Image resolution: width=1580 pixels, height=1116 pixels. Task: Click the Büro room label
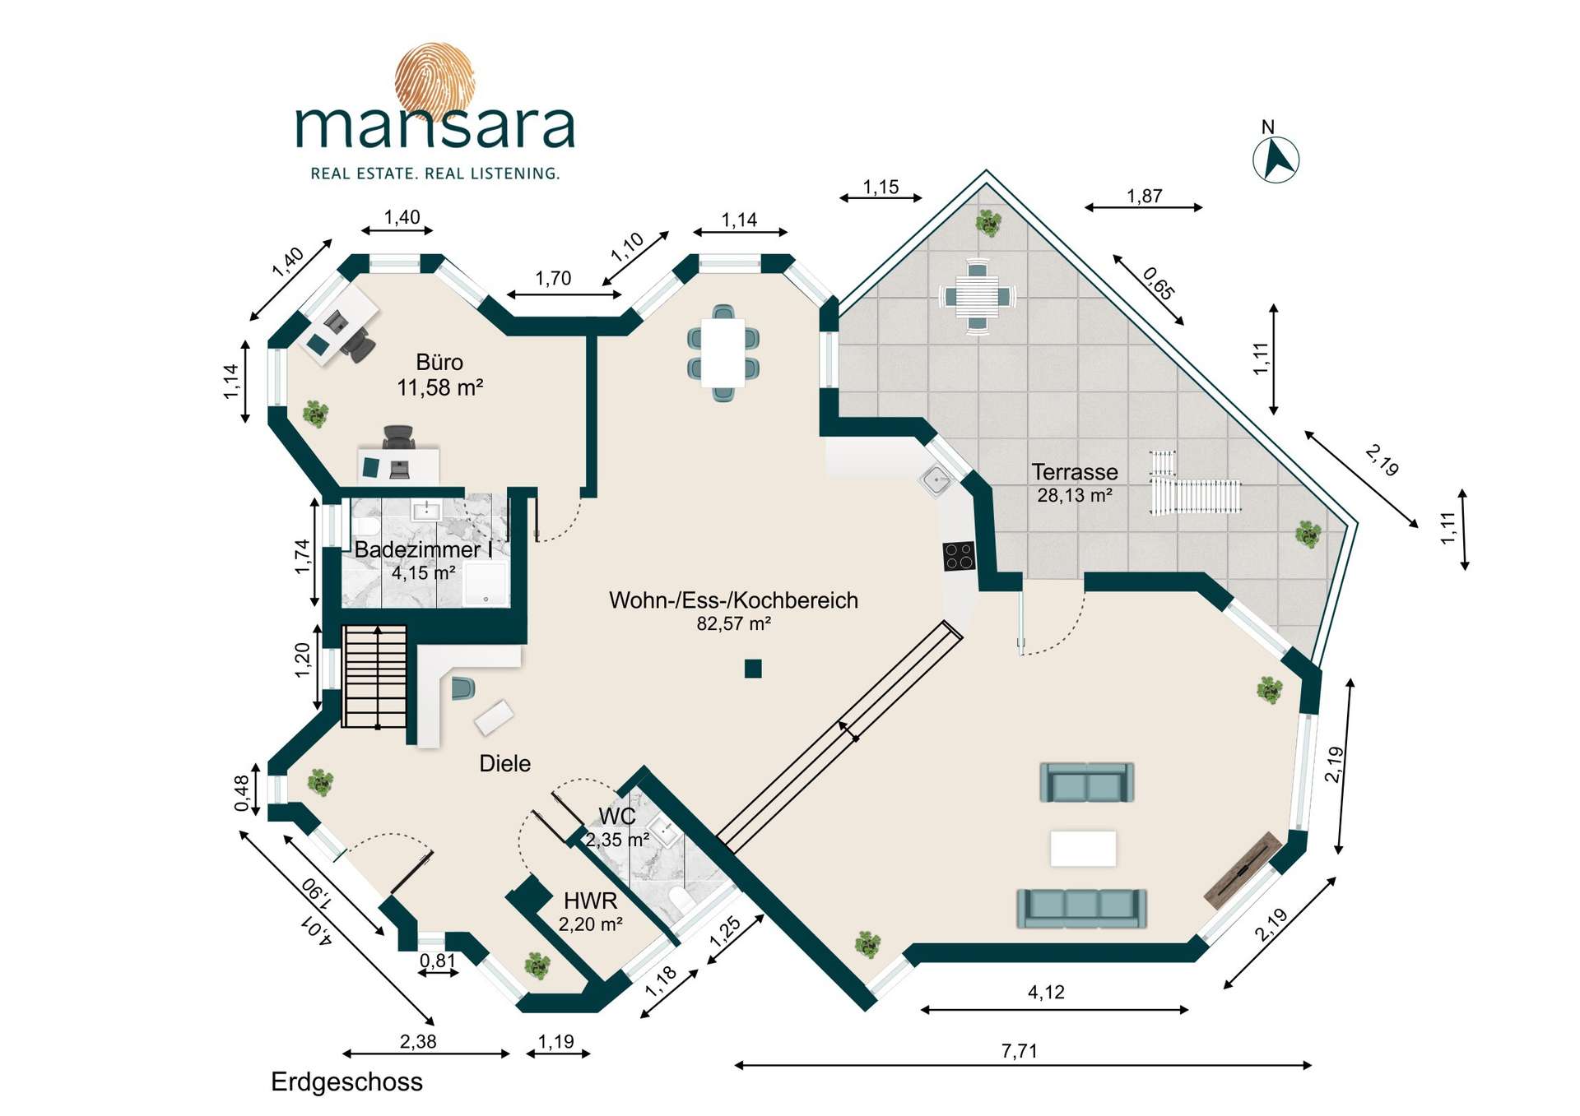(439, 375)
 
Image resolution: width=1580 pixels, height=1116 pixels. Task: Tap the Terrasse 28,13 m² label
(1075, 483)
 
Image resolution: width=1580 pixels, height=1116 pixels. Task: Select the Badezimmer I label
(423, 549)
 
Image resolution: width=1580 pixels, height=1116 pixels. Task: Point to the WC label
(617, 817)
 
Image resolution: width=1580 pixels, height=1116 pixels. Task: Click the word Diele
(504, 764)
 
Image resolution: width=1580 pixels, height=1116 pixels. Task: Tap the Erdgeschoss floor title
(346, 1082)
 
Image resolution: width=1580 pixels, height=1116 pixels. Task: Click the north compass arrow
(1276, 158)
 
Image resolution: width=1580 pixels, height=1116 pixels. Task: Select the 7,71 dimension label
(1020, 1051)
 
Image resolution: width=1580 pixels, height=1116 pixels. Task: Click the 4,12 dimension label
(1046, 993)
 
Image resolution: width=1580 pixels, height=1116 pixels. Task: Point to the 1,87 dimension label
(1144, 197)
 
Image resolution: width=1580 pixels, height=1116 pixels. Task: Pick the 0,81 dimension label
(437, 961)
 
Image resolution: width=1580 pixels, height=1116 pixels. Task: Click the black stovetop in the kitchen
(959, 557)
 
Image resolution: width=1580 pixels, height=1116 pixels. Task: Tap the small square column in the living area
(753, 669)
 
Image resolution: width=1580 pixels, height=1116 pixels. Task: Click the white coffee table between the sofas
(1083, 848)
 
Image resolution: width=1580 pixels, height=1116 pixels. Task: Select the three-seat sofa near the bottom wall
(1081, 908)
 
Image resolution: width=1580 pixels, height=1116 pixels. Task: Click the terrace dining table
(978, 296)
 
